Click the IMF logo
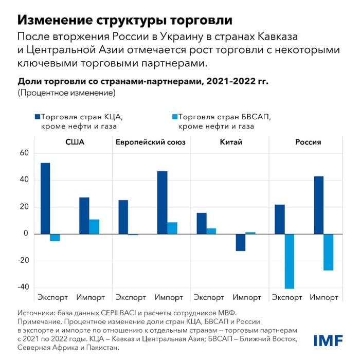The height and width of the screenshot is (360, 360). [x=328, y=340]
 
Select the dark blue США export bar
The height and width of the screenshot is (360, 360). [x=45, y=198]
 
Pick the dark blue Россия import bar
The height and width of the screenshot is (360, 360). [x=318, y=205]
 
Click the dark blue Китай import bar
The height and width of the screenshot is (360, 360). [x=240, y=242]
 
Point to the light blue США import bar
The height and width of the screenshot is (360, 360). [x=94, y=227]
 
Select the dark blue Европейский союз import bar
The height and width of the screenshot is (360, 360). [x=162, y=203]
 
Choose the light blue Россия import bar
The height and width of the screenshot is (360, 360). [x=328, y=252]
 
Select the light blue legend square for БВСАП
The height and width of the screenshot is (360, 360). [x=173, y=116]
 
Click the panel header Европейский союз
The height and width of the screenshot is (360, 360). [x=150, y=142]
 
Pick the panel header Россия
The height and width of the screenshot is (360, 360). [x=308, y=142]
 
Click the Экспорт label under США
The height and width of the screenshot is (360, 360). [x=52, y=297]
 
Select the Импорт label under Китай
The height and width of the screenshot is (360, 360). [x=247, y=297]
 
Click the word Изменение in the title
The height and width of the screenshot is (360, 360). [x=51, y=20]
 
